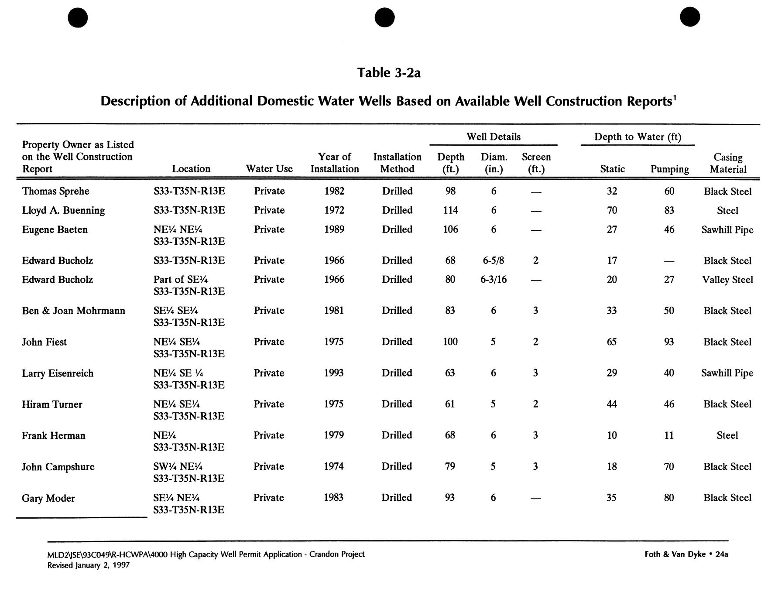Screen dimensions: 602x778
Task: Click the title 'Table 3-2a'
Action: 389,72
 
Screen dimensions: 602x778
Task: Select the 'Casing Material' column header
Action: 727,163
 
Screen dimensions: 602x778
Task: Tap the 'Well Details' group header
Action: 493,137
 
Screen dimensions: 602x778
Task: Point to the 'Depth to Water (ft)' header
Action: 637,137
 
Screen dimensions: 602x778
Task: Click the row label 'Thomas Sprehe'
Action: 55,192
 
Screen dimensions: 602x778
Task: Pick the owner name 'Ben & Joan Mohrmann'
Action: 73,311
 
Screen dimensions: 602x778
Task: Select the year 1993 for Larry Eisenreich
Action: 334,373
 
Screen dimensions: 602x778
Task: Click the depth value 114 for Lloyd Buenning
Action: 450,210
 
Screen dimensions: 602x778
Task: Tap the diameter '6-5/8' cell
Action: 493,261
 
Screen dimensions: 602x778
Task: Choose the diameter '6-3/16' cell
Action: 493,280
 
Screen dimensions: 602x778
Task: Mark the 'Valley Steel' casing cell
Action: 727,280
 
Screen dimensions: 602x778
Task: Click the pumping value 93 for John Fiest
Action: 669,342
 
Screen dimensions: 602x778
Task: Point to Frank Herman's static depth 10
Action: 612,435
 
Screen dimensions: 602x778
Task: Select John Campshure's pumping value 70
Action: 669,467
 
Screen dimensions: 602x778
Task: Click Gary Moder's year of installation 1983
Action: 334,498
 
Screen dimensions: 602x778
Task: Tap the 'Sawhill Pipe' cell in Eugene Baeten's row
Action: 727,230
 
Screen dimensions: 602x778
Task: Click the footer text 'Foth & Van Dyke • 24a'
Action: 686,554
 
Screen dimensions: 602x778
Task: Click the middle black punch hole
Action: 384,17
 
